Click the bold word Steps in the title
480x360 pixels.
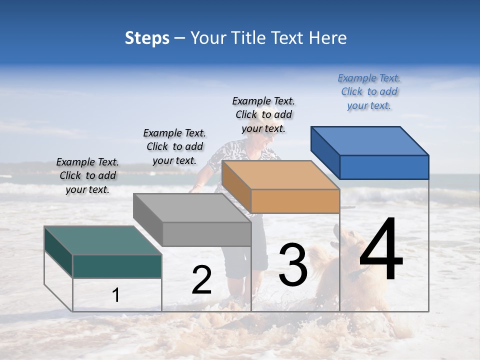coord(147,38)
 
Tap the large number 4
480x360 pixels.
coord(381,250)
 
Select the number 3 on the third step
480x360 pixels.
coord(293,265)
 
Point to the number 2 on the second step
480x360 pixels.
coord(201,280)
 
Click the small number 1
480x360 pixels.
coord(116,295)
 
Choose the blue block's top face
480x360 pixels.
coord(369,140)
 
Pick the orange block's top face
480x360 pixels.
coord(280,175)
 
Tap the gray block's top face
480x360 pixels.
coord(192,208)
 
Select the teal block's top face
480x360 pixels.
coord(103,240)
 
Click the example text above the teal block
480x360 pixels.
coord(88,175)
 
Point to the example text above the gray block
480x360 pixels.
coord(174,146)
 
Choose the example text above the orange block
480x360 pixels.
coord(263,114)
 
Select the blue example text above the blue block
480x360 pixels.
coord(369,91)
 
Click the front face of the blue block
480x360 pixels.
coord(384,167)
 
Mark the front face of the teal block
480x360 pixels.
coord(117,266)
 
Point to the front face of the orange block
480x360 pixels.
coord(295,201)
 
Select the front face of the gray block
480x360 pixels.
coord(206,234)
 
